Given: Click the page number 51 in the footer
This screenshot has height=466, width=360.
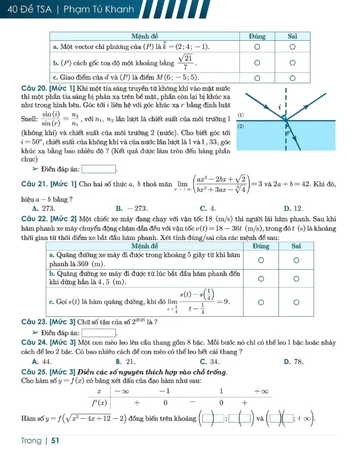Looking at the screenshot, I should (55, 441).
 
